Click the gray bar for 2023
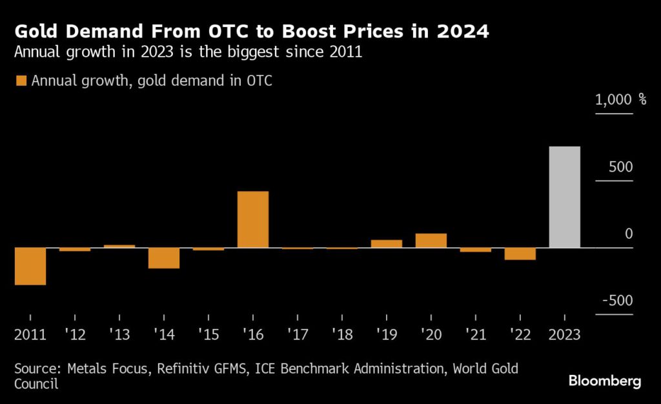coord(565,197)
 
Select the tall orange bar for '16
coord(253,219)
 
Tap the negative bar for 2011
coord(30,266)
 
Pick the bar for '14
coord(164,258)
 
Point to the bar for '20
coord(431,240)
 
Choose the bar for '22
coord(520,254)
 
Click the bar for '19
coord(387,243)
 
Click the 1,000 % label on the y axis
coord(620,100)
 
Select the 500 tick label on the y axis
coord(620,167)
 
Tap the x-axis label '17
coord(297,336)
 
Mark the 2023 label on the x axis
coord(565,336)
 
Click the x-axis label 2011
coord(30,336)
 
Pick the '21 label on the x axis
coord(476,336)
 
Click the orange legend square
coord(21,81)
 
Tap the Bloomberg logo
coord(605,381)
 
